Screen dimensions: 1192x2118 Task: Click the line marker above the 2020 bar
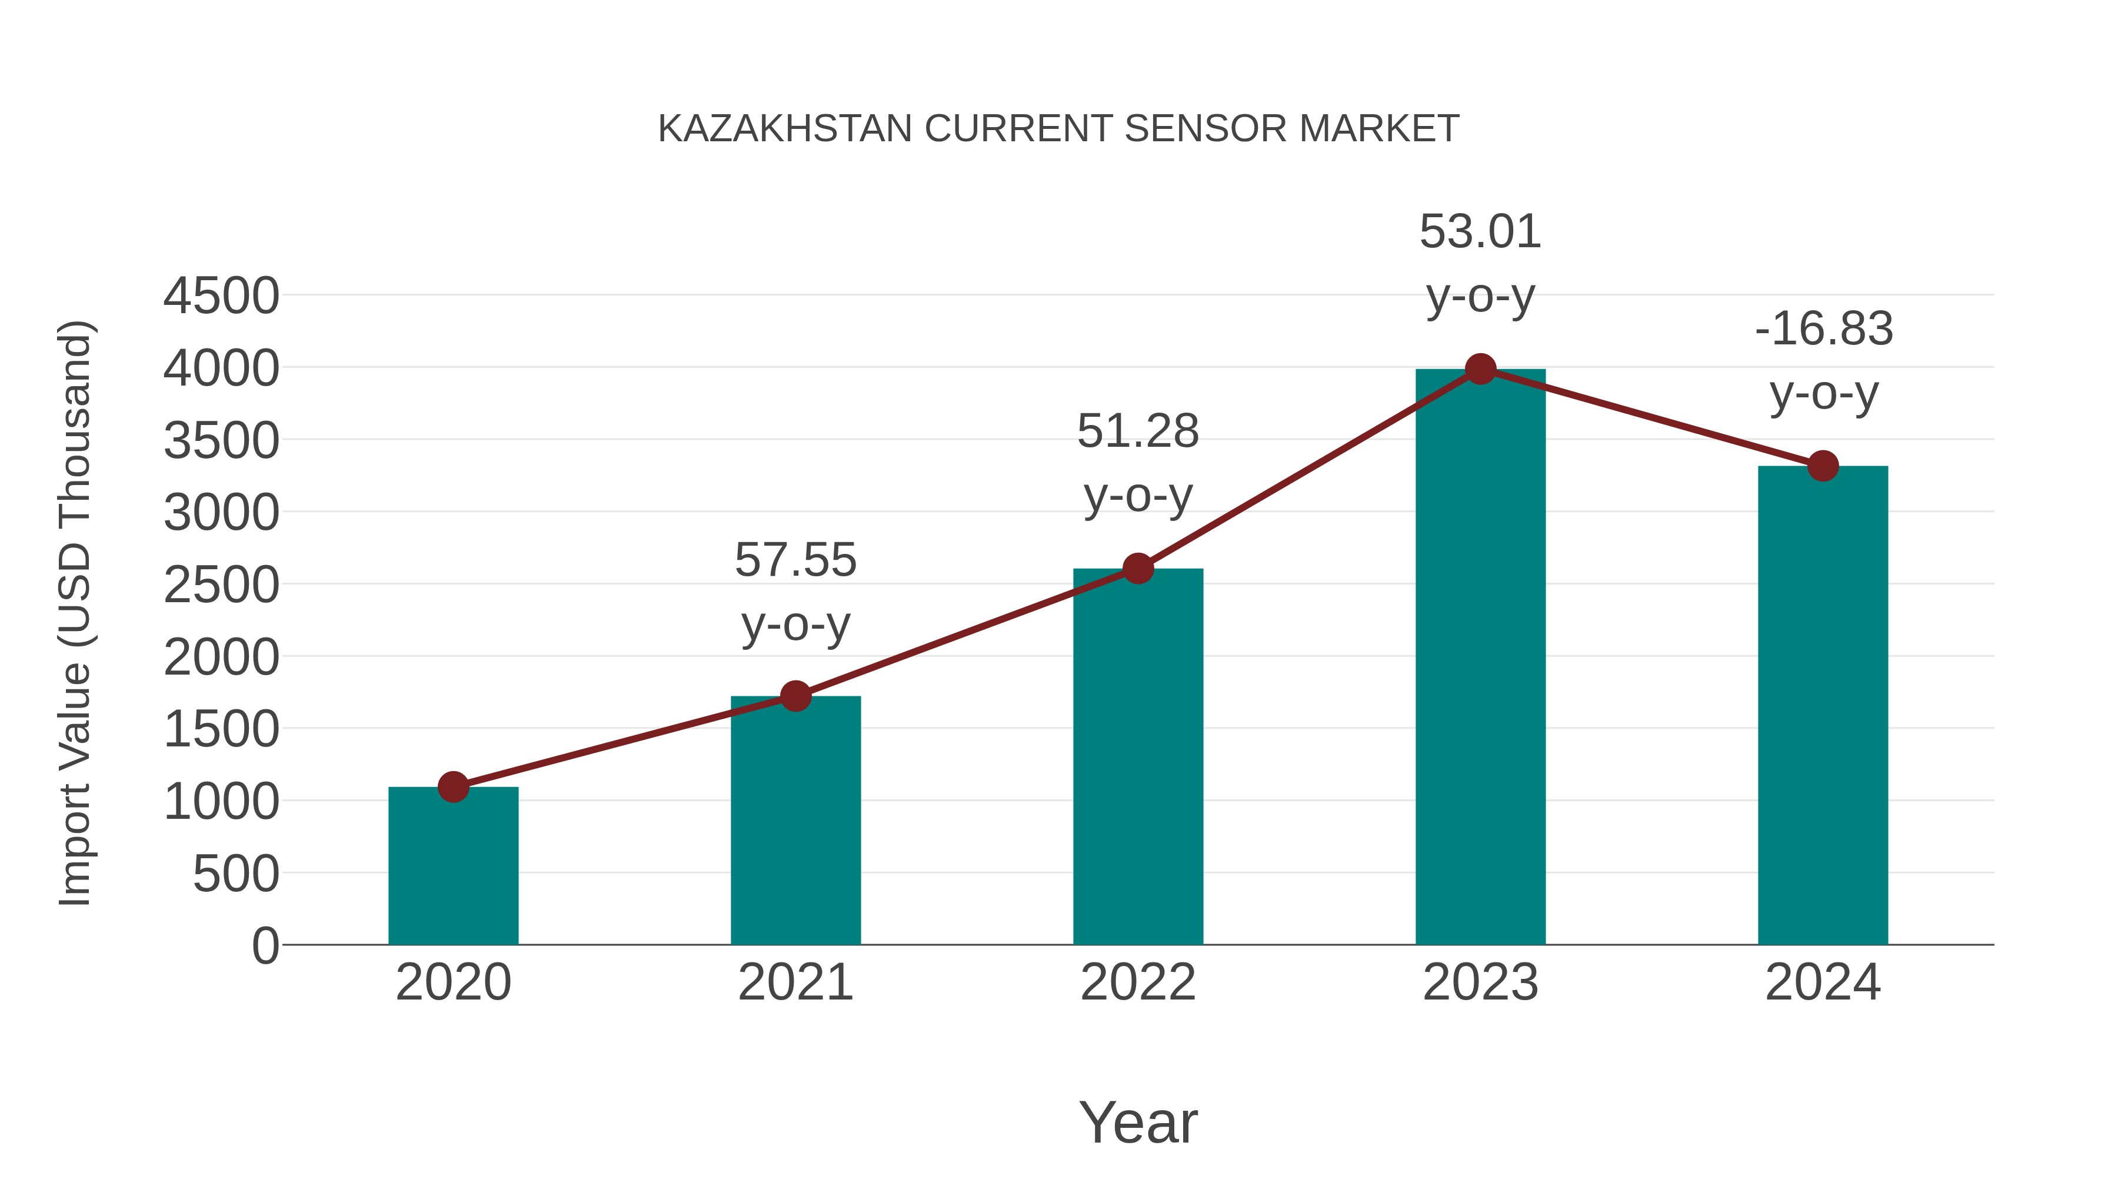[x=453, y=786]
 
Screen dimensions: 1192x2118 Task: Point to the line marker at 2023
[x=1480, y=369]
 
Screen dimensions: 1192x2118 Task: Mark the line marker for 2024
[x=1823, y=466]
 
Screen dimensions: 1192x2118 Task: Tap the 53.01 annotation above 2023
[x=1480, y=263]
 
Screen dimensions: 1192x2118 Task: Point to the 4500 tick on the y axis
[x=221, y=296]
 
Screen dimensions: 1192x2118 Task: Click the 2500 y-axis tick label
[x=221, y=585]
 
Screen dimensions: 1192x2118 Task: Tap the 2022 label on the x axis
[x=1138, y=982]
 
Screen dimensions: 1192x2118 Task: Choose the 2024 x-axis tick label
[x=1823, y=982]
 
